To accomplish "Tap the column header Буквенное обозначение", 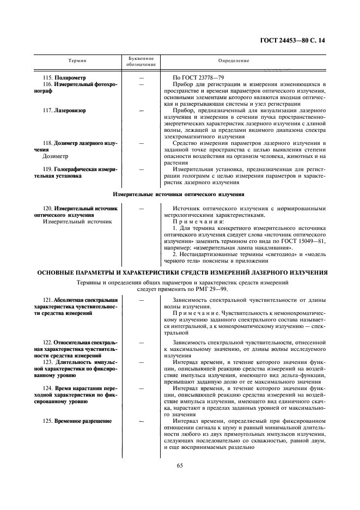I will point(141,60).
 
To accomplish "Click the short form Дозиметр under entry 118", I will point(55,156).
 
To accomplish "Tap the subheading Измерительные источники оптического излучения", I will point(179,195).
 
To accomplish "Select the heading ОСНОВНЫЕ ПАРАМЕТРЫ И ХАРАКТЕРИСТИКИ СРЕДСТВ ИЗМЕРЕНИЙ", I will point(180,272).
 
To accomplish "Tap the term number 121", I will point(48,300).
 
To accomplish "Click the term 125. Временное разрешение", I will point(77,421).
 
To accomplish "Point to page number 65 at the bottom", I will point(179,465).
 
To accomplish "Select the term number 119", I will point(48,169).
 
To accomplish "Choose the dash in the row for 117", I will point(142,111).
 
